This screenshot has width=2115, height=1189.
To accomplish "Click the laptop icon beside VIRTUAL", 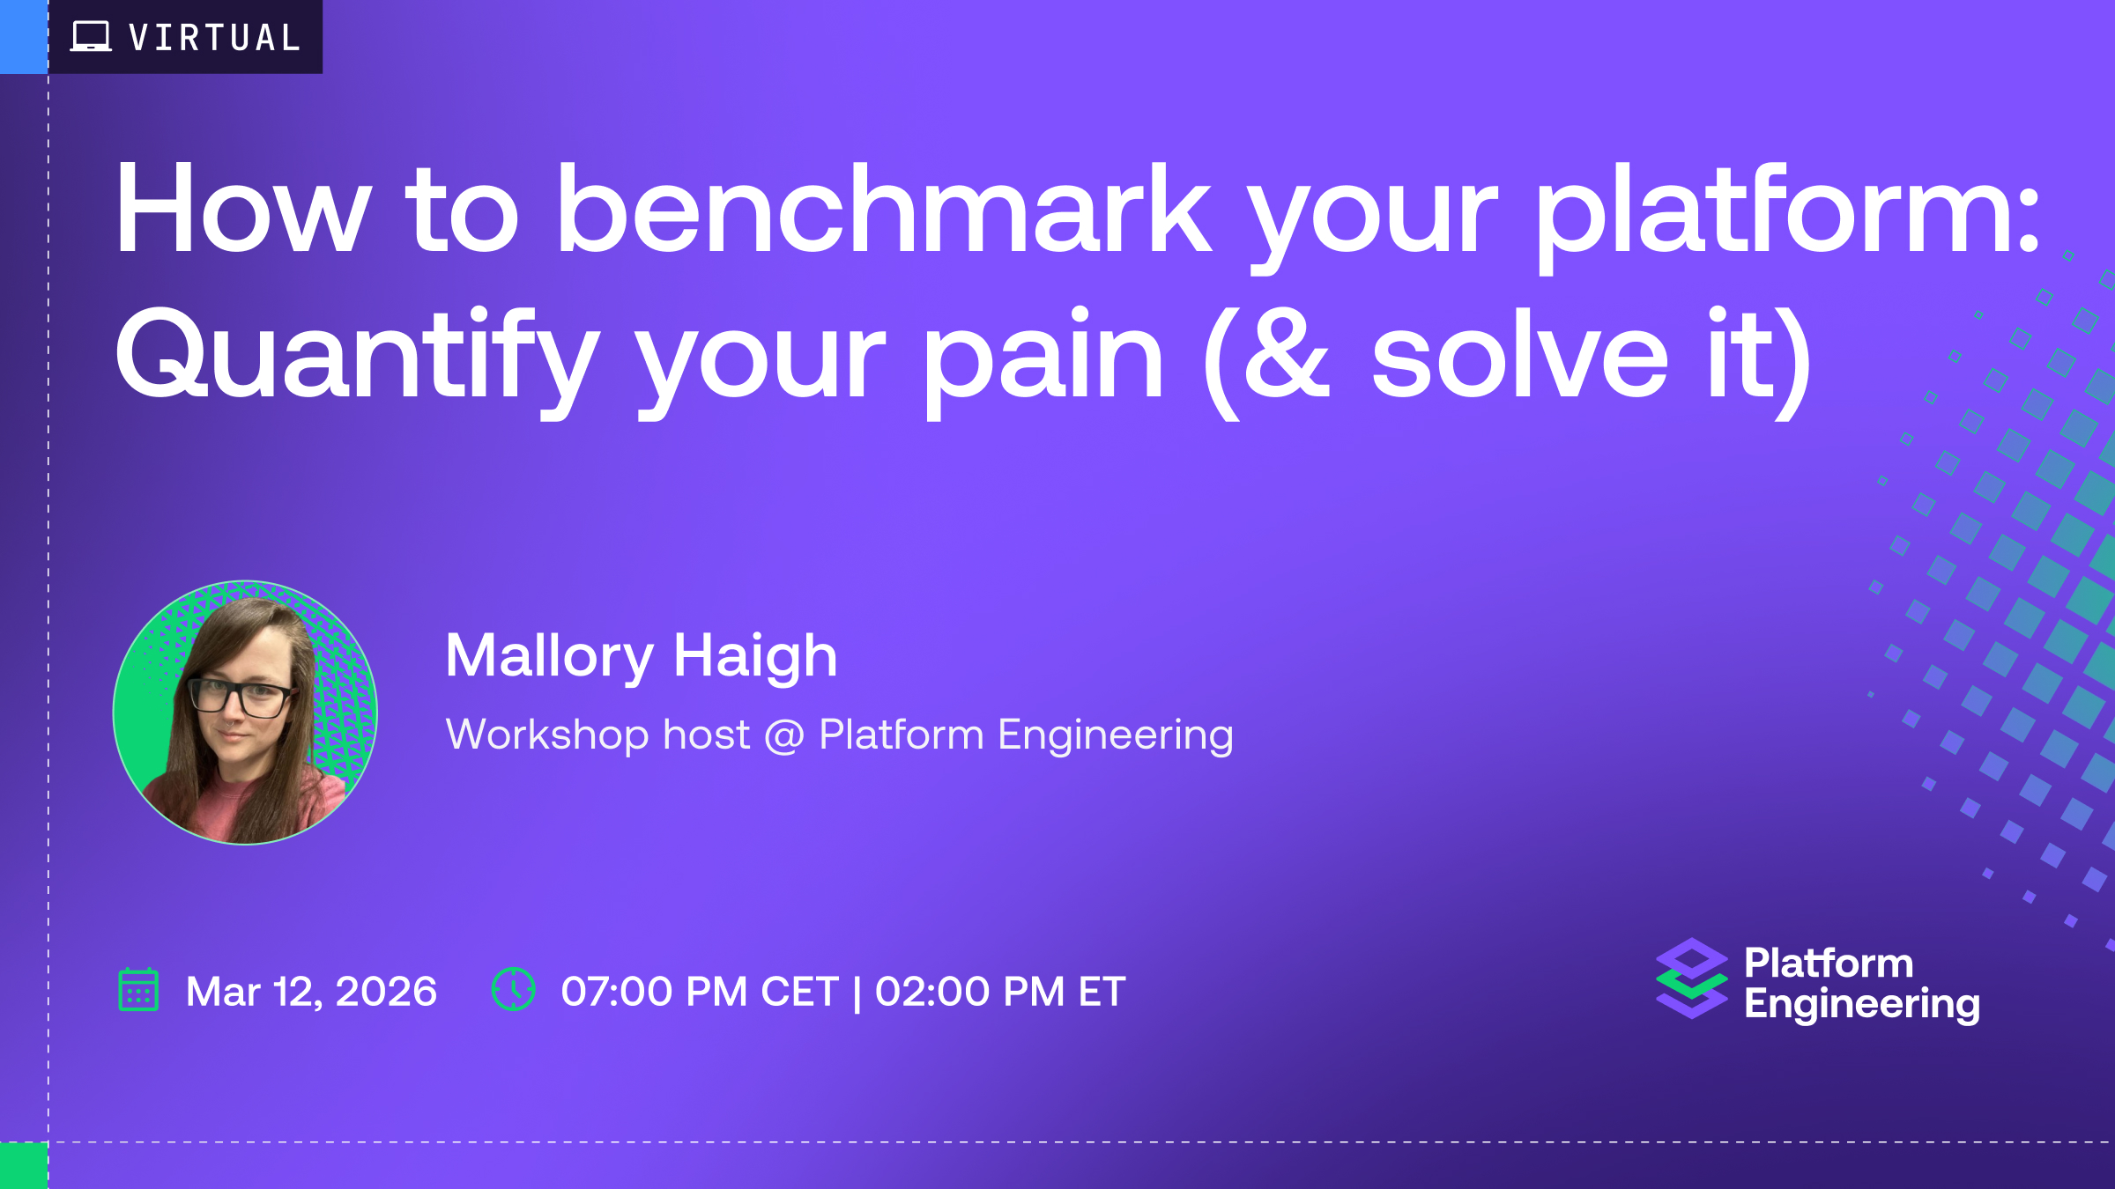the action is click(91, 37).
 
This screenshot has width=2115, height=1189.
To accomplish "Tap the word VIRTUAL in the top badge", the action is click(215, 38).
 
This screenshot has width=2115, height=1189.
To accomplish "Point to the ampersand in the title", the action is click(1287, 354).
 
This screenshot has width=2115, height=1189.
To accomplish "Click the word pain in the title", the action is click(1043, 361).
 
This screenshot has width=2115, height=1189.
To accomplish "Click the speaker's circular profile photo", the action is click(245, 713).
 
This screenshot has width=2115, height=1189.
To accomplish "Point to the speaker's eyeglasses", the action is click(240, 698).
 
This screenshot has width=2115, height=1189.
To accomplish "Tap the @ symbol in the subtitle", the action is click(784, 736).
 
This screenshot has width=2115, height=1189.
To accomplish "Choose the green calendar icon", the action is click(138, 989).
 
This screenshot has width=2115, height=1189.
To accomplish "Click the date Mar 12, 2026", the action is click(311, 992).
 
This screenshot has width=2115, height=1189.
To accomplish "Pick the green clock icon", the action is click(514, 989).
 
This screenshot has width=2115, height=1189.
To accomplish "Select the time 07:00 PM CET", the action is click(700, 992).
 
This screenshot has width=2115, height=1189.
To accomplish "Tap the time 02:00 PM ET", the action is click(1000, 992).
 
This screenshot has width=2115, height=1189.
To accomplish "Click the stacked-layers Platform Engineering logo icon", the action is click(1692, 979).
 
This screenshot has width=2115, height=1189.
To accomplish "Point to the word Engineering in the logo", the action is click(1862, 1005).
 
